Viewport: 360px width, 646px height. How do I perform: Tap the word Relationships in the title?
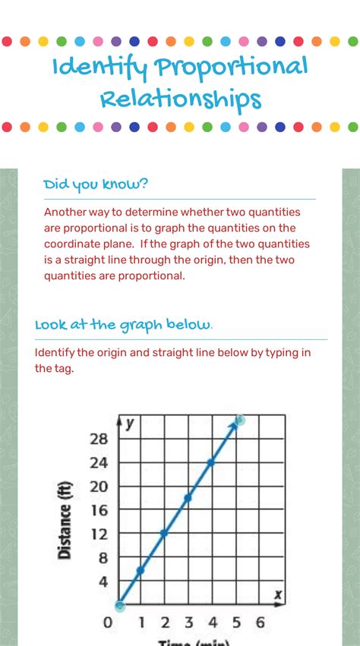(x=180, y=99)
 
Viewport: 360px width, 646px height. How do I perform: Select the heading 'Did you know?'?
(x=96, y=184)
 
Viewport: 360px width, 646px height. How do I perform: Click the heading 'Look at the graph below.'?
(x=124, y=325)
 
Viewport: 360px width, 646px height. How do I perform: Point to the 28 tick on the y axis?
(x=99, y=439)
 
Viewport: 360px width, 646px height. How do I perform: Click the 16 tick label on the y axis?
(x=99, y=510)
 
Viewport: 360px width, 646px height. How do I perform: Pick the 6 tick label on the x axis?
(x=260, y=623)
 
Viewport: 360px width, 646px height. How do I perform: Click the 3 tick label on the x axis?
(x=188, y=623)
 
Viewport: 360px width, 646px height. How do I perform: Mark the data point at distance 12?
(x=164, y=533)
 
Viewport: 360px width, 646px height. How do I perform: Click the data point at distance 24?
(x=211, y=462)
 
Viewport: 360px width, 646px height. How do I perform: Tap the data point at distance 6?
(x=141, y=569)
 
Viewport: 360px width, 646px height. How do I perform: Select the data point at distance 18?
(x=188, y=497)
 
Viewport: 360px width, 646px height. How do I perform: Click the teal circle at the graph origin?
(x=119, y=605)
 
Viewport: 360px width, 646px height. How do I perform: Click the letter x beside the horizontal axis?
(x=278, y=594)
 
